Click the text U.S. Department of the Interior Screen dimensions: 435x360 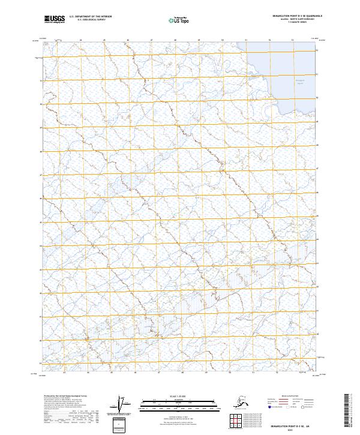[x=91, y=16]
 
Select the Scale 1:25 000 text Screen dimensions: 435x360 [x=172, y=395]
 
